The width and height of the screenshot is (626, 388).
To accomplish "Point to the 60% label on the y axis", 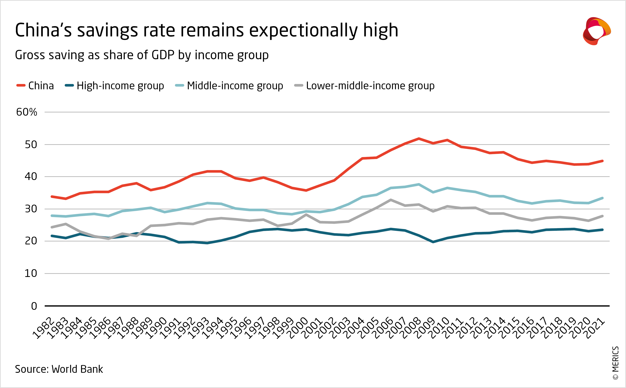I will click(x=27, y=112).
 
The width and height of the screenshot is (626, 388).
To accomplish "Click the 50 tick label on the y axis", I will click(x=31, y=145).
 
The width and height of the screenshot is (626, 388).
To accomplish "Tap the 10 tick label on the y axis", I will click(x=31, y=274).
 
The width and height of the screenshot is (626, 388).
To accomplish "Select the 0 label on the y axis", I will click(x=34, y=306).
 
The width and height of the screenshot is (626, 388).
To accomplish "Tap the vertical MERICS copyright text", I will click(x=616, y=363).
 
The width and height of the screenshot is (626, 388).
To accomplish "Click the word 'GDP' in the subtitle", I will click(x=163, y=55).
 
